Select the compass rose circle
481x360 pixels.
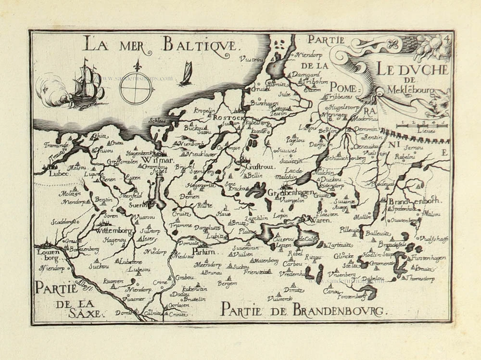136,88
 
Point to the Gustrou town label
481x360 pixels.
256,166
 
